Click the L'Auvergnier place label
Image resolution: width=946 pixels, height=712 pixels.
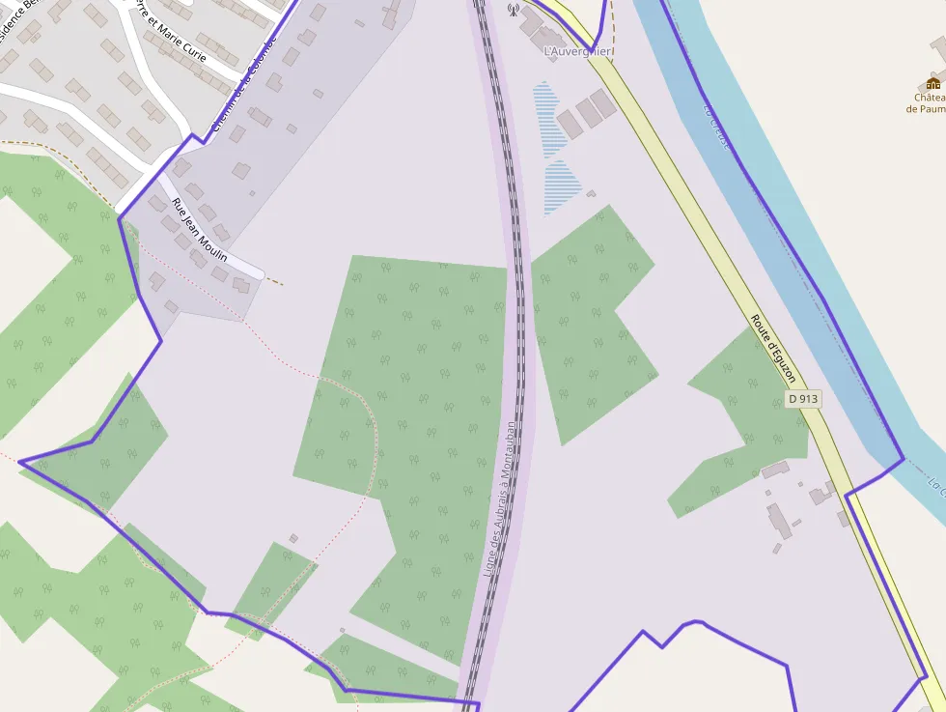pos(578,50)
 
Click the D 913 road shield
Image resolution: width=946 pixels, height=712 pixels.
pos(802,398)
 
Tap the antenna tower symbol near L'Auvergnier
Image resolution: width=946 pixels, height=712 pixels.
pos(513,10)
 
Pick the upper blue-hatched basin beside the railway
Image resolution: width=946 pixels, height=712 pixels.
pos(550,118)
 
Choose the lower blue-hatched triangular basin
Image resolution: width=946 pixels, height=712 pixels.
pos(562,187)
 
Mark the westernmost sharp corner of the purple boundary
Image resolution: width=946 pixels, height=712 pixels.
pos(19,462)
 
